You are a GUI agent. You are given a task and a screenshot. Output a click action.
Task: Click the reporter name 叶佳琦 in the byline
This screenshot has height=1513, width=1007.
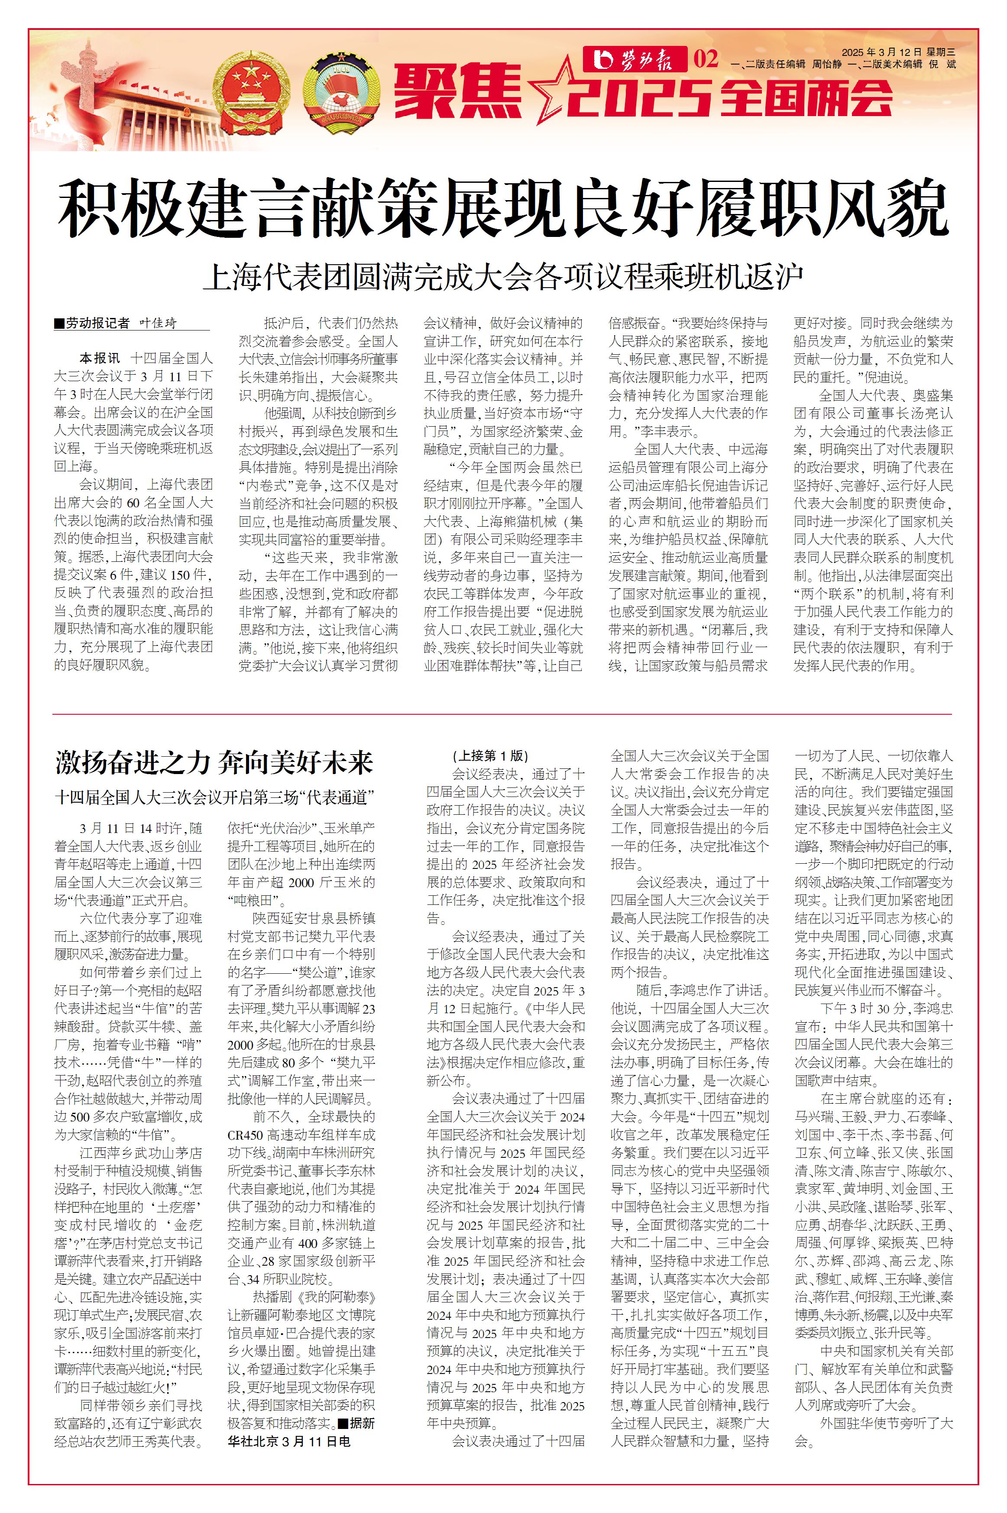tap(158, 324)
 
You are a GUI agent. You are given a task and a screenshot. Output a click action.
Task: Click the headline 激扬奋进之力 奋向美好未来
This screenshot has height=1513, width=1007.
tap(214, 763)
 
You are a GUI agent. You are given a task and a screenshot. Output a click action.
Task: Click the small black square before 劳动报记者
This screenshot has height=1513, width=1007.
tap(59, 324)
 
